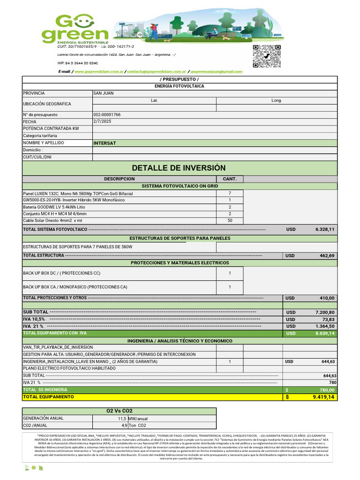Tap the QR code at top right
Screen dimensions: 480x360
pos(267,56)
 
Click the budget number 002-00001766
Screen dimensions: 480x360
pos(107,114)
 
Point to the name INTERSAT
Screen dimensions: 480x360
pos(105,143)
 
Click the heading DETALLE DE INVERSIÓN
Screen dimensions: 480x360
pos(179,168)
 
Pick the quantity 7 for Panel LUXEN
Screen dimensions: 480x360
pos(230,193)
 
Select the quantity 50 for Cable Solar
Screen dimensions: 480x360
pos(230,220)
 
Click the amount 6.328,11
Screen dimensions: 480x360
pos(325,229)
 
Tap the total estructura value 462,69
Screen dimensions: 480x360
pos(327,255)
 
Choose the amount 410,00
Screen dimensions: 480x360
pos(327,298)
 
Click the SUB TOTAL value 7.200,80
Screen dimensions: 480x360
pos(325,312)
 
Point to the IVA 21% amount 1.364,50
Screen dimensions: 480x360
pos(325,326)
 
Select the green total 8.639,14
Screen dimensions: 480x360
pos(325,333)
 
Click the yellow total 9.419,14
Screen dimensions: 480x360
pos(324,397)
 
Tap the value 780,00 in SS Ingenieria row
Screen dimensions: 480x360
pos(327,390)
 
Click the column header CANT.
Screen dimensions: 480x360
pos(230,179)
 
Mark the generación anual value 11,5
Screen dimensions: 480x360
pos(121,419)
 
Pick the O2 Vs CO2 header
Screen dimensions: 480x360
pos(120,411)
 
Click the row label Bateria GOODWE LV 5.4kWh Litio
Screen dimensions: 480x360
pos(54,207)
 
